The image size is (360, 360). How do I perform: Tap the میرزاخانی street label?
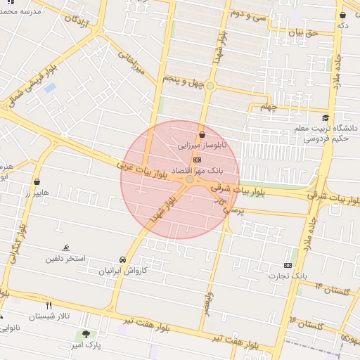pyautogui.click(x=131, y=64)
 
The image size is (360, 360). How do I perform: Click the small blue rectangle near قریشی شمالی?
pyautogui.click(x=50, y=89)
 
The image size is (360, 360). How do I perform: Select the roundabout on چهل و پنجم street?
pyautogui.click(x=210, y=86)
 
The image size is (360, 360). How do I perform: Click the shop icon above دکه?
pyautogui.click(x=342, y=14)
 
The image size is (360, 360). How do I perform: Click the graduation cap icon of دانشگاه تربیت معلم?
pyautogui.click(x=325, y=117)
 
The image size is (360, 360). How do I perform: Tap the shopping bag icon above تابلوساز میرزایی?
pyautogui.click(x=202, y=134)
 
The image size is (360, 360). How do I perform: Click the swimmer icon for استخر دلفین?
pyautogui.click(x=65, y=247)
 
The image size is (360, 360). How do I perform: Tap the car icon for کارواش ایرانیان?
pyautogui.click(x=123, y=259)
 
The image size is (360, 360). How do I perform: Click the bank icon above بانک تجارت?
pyautogui.click(x=288, y=265)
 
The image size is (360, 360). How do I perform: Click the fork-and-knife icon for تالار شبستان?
pyautogui.click(x=49, y=305)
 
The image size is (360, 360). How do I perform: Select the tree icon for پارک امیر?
pyautogui.click(x=86, y=335)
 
